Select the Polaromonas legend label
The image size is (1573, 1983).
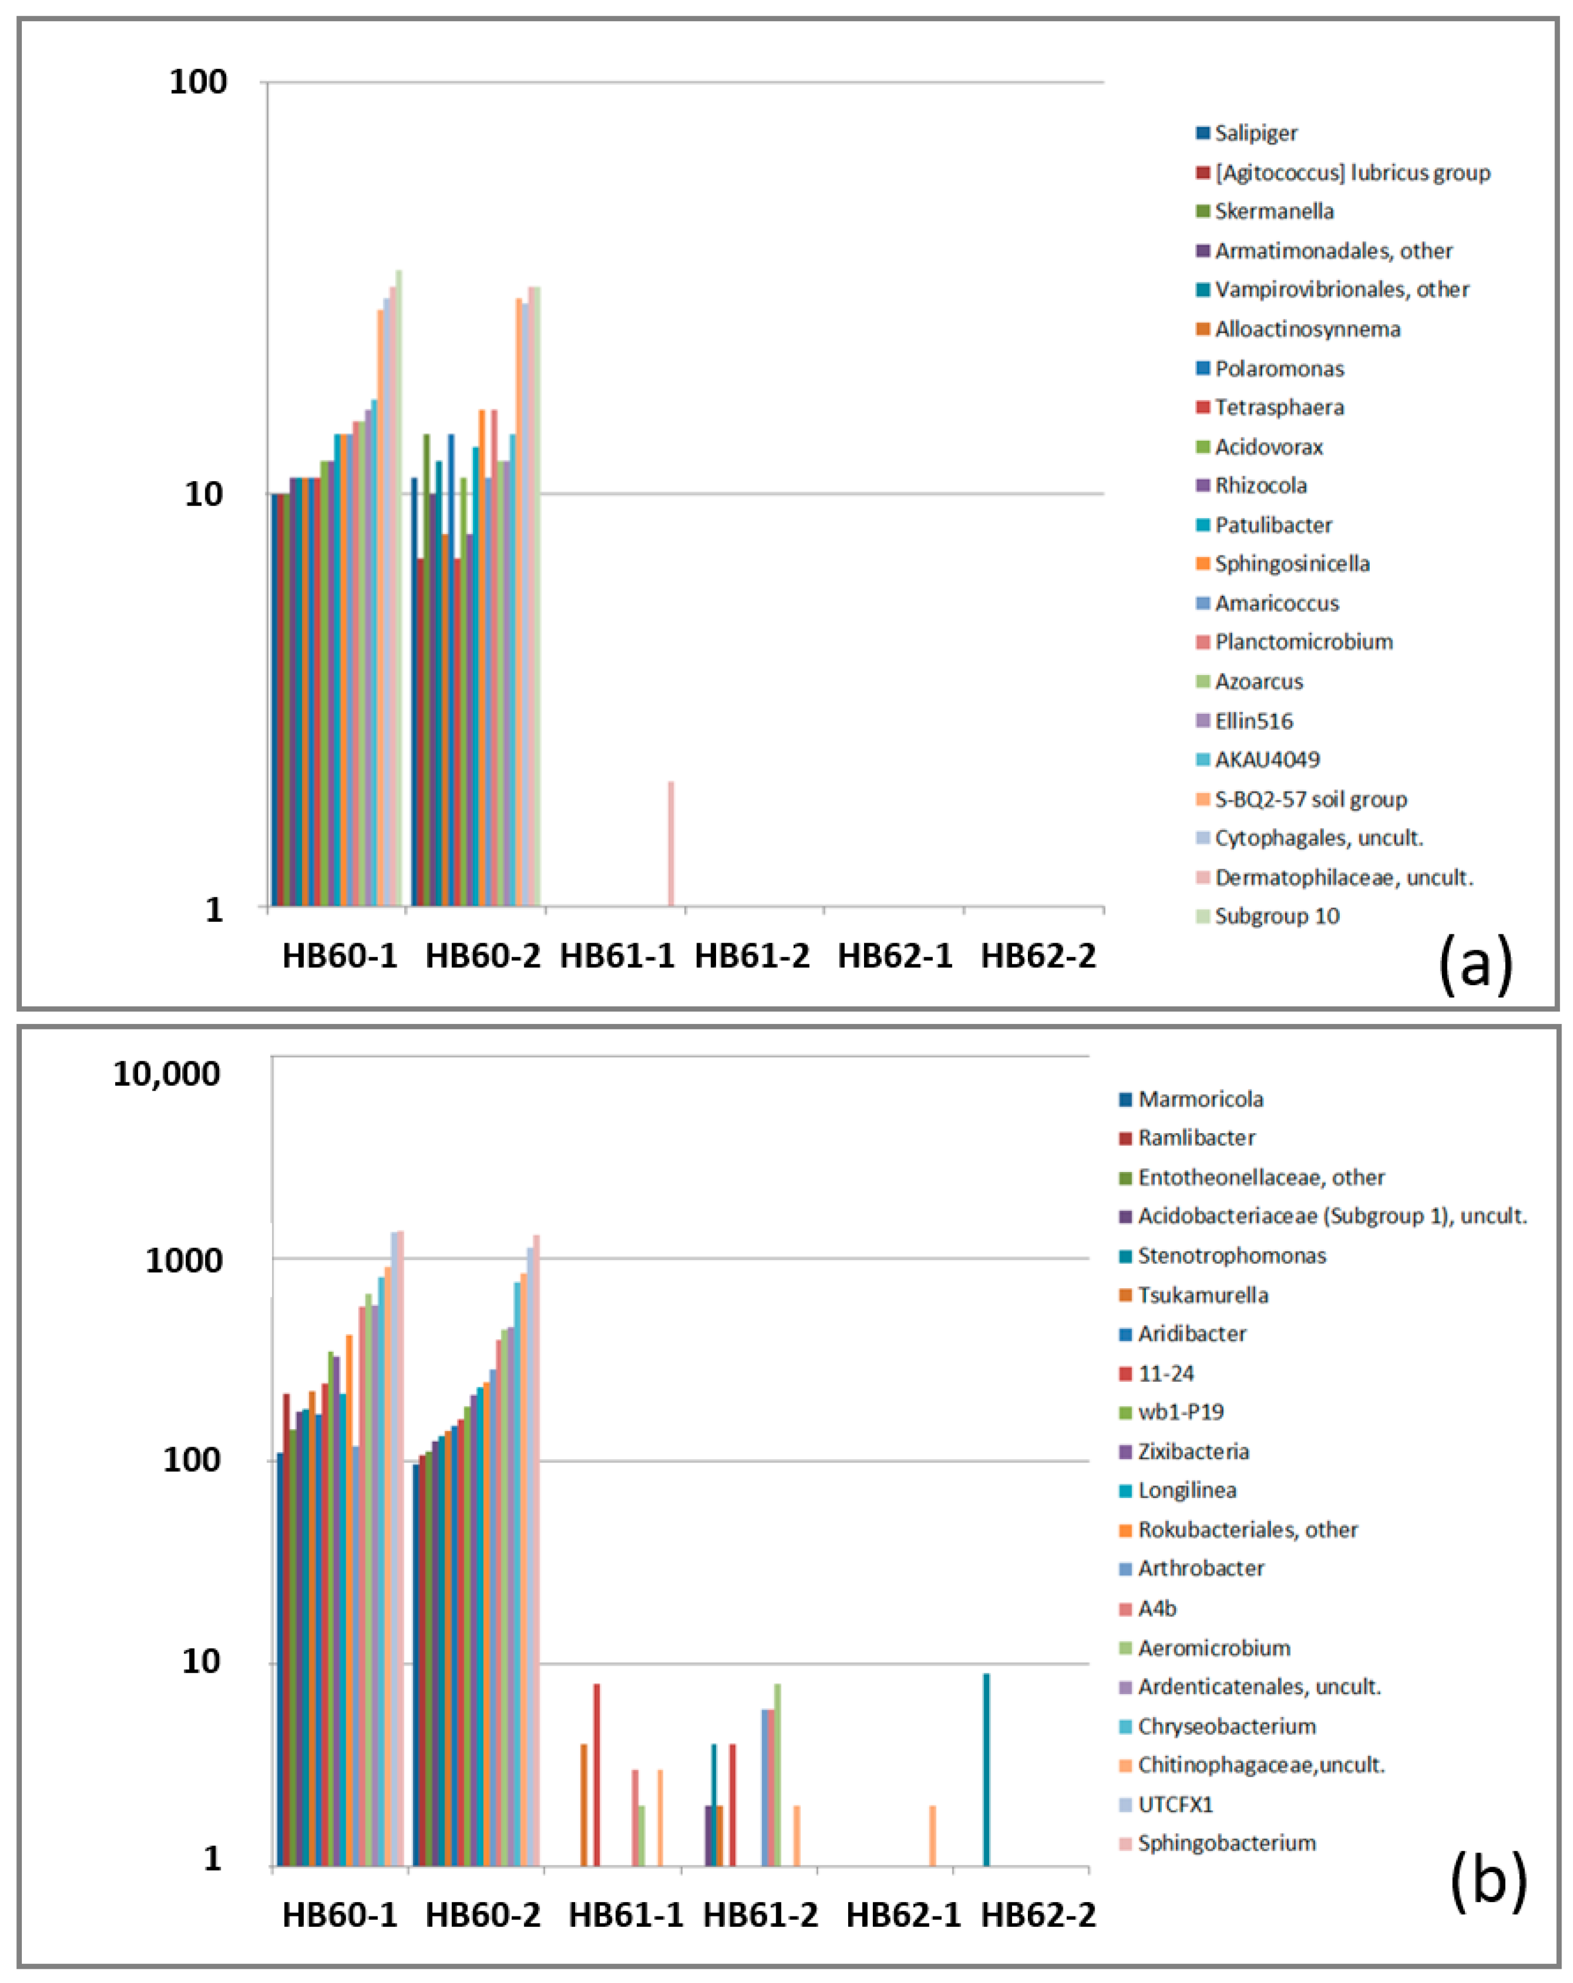[1279, 369]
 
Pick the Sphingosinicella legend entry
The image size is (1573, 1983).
[1292, 564]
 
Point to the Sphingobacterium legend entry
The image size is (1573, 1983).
[1226, 1843]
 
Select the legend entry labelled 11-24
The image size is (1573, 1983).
[1166, 1373]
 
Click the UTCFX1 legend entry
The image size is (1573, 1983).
[1175, 1804]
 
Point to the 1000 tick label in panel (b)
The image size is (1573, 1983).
[184, 1260]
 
